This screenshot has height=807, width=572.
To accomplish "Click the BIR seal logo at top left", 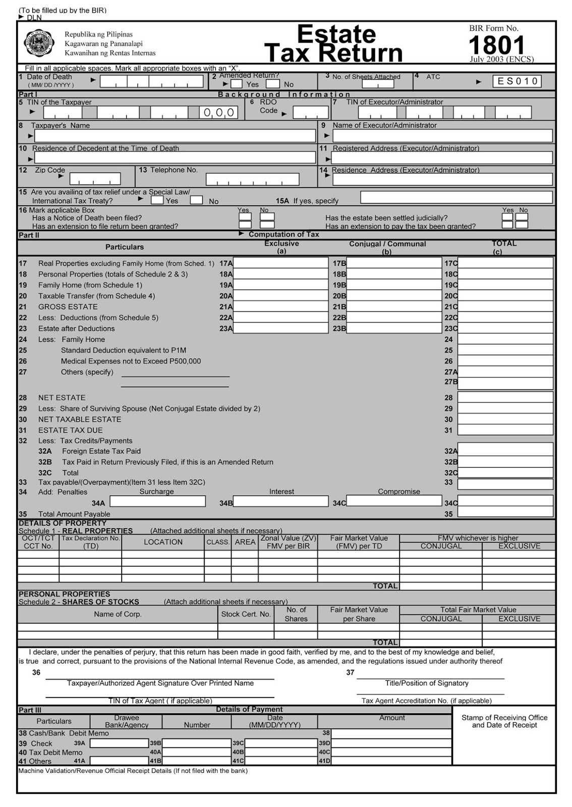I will point(39,44).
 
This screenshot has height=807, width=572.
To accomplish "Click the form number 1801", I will point(496,45).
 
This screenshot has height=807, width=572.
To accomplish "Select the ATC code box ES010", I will point(517,81).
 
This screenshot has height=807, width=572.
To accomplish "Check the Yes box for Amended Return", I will point(237,84).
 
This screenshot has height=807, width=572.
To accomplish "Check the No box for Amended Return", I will point(273,84).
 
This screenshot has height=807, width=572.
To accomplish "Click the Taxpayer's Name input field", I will point(175,136).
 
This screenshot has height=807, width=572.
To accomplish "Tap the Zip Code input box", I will point(95,179).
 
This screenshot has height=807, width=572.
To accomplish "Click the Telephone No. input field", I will point(252,179).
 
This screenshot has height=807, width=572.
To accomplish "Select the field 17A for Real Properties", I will point(280,263).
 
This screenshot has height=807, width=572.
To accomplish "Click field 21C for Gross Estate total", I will point(505,307).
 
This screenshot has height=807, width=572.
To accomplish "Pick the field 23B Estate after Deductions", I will point(394,328).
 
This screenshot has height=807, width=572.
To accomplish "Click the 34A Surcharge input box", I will point(157,501).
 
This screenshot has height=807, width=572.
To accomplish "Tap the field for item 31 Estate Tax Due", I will point(505,430).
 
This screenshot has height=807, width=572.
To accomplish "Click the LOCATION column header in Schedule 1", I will point(163,542).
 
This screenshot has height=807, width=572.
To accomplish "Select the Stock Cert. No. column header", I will point(246,614).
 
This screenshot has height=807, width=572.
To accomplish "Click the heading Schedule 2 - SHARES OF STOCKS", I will point(79,602).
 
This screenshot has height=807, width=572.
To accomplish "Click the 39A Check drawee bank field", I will point(119,743).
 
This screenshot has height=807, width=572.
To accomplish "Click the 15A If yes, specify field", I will point(456,197).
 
